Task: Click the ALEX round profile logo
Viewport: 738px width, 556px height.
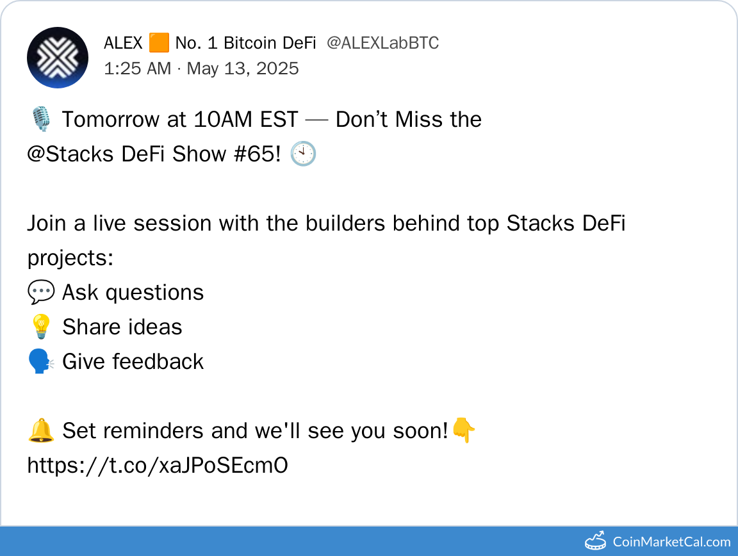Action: pos(58,58)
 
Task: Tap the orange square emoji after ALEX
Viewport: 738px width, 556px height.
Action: pos(159,43)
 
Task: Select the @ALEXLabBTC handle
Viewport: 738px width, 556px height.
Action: pos(382,43)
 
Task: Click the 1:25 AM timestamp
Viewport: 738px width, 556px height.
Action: pos(138,69)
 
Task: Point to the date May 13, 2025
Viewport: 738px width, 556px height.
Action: pos(243,69)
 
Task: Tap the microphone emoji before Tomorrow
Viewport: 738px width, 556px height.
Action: pos(41,119)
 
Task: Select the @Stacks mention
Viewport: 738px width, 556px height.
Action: pos(70,154)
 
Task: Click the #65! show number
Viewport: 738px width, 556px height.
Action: pos(258,154)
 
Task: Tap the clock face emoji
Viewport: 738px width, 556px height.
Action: pos(303,154)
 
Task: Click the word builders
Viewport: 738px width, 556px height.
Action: pos(345,223)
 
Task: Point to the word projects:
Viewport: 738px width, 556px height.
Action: pos(70,258)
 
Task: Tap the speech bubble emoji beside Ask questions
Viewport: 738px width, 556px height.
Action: pos(41,292)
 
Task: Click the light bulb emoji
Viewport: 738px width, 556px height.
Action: pos(41,326)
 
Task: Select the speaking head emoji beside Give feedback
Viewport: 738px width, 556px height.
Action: pos(42,361)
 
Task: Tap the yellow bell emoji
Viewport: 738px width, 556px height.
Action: pos(41,430)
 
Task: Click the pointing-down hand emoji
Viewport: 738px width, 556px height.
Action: pos(464,430)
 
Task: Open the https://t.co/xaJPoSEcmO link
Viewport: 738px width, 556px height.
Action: pos(158,465)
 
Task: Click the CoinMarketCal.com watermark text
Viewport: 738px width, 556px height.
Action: pos(671,542)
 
